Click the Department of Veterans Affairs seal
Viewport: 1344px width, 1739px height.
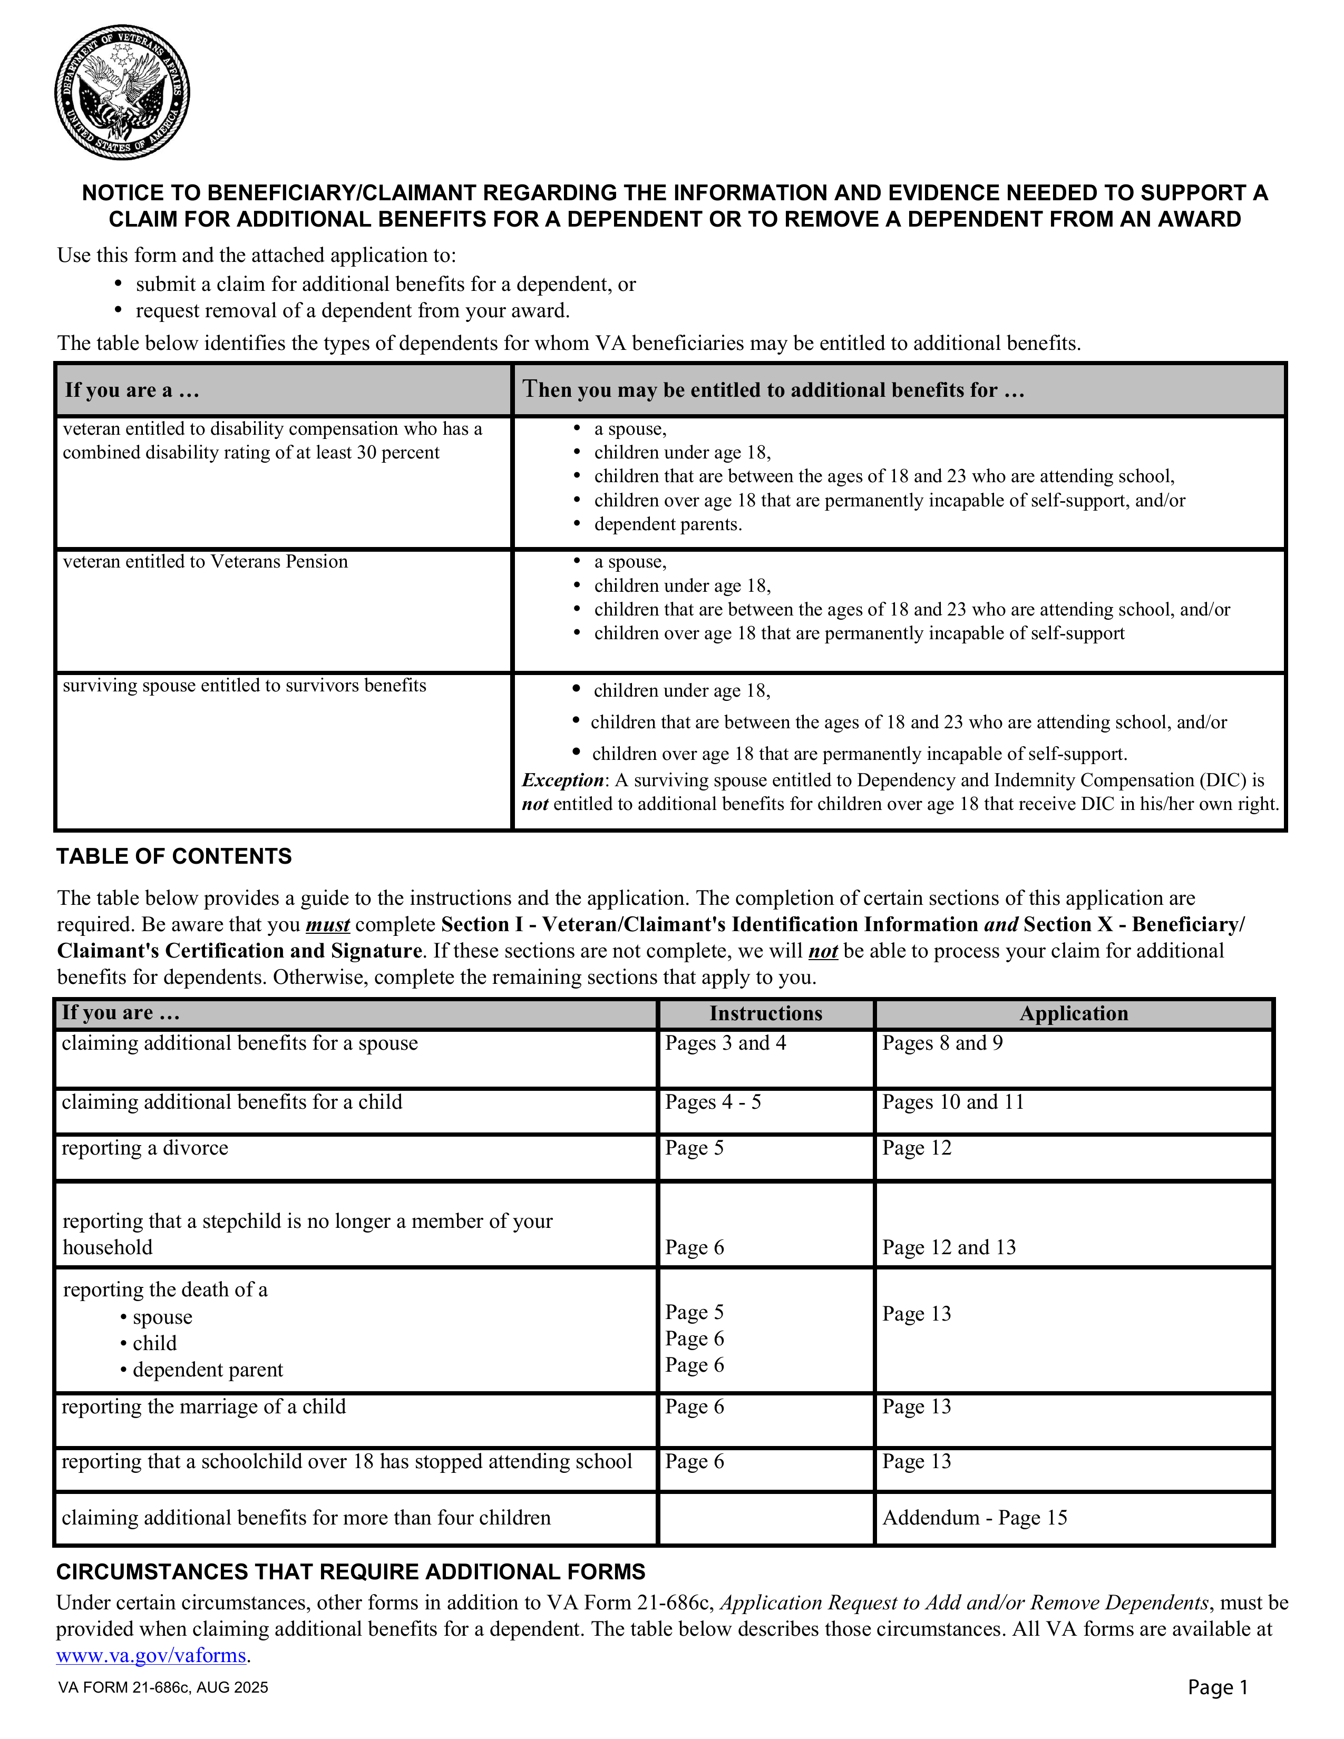(x=122, y=92)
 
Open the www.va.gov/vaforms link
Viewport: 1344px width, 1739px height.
(x=151, y=1655)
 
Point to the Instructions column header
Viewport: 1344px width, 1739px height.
(x=765, y=1013)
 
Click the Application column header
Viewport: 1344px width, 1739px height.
(x=1073, y=1013)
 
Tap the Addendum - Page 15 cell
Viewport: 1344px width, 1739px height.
(x=974, y=1518)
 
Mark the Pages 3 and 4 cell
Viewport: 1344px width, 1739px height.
(x=725, y=1043)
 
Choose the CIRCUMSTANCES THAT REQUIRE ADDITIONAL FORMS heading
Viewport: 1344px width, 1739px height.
(x=350, y=1572)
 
